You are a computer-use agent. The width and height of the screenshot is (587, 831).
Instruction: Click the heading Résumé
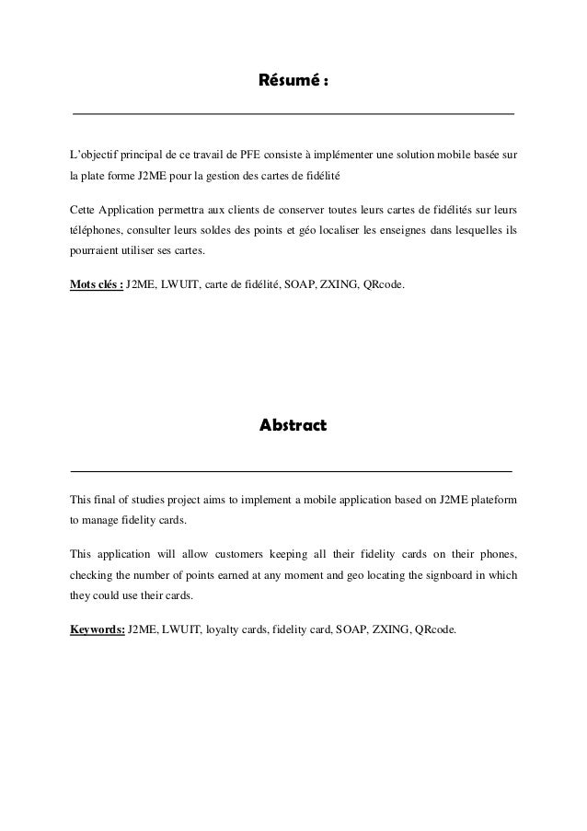click(x=293, y=84)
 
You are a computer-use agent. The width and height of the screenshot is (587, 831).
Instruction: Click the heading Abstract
click(x=293, y=426)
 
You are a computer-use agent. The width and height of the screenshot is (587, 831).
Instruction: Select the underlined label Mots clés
click(x=97, y=285)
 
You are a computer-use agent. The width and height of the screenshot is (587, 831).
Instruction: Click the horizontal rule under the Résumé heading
click(x=293, y=114)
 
